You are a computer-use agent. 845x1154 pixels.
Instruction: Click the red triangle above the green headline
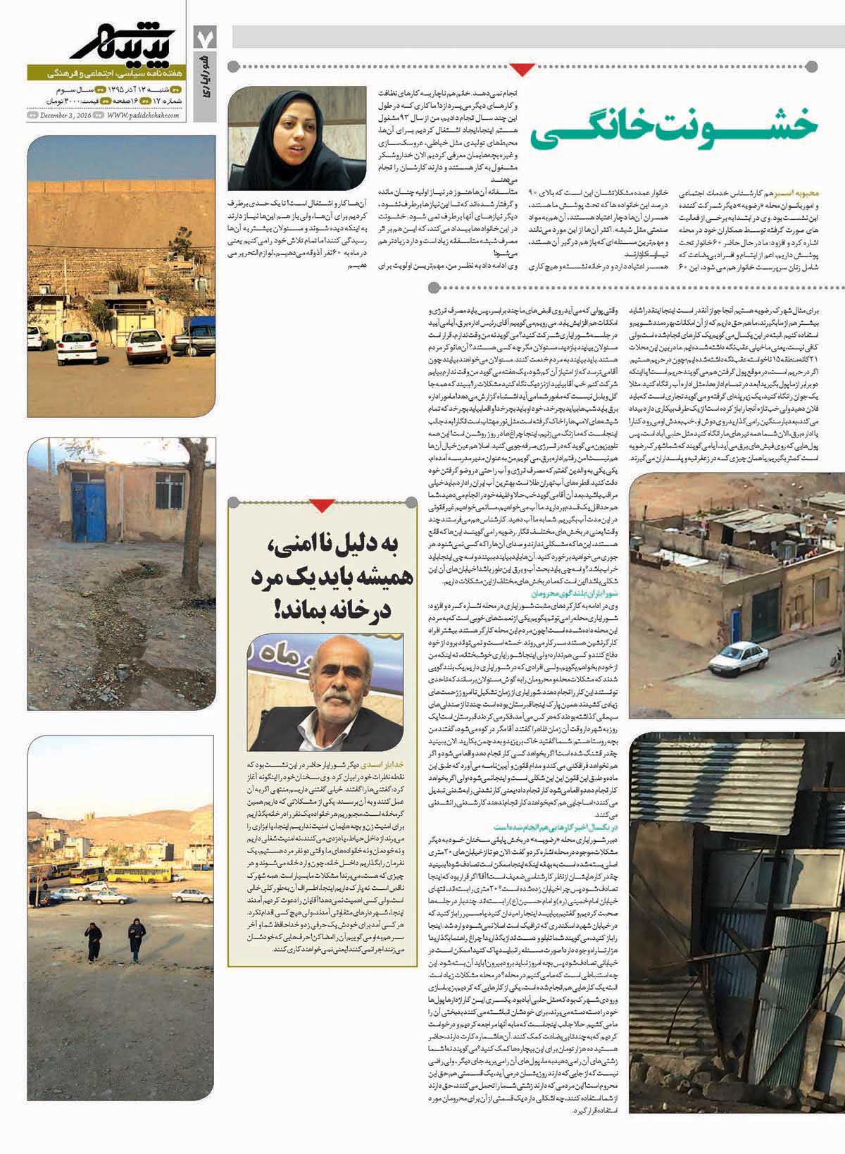(522, 69)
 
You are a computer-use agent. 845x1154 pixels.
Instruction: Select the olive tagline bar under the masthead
(106, 73)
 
